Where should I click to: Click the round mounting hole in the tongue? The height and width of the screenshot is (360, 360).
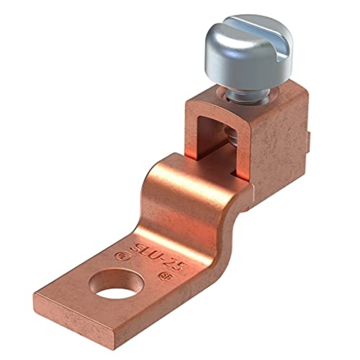(109, 289)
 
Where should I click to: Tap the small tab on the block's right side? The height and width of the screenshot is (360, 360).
(309, 144)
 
